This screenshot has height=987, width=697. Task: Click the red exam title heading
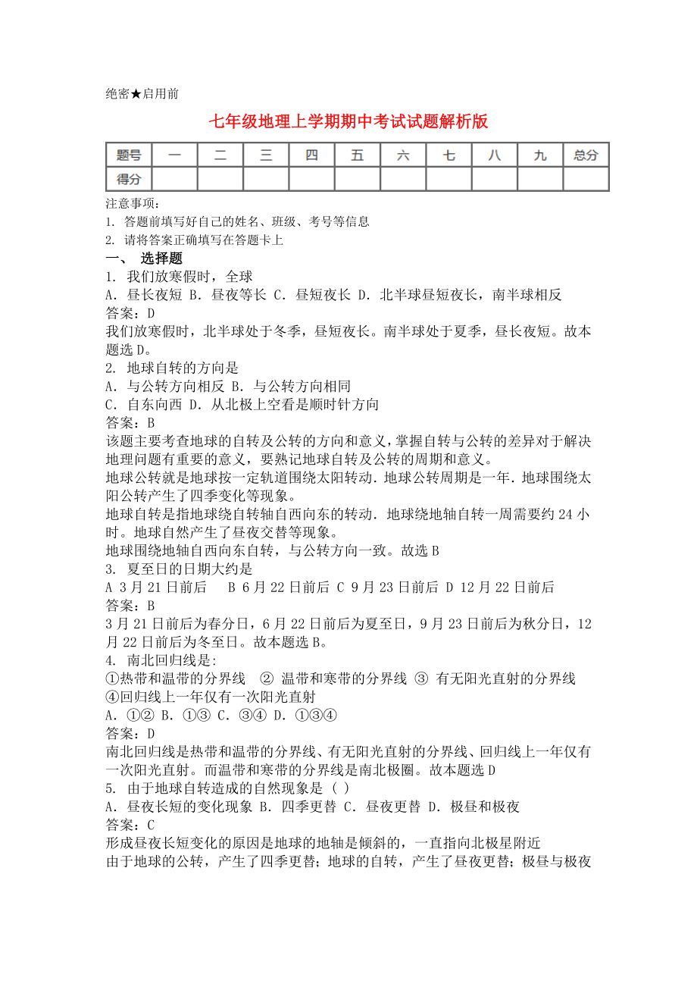348,122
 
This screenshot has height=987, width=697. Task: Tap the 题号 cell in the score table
129,155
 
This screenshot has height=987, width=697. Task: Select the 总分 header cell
586,155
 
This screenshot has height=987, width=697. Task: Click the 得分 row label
129,179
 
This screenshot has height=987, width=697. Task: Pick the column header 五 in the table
358,155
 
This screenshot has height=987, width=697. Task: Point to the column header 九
540,155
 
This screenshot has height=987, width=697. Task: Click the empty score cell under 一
175,179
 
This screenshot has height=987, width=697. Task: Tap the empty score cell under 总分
586,179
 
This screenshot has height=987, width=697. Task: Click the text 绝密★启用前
142,93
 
